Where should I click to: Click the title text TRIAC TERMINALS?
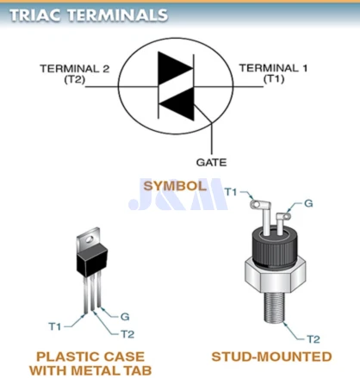tap(89, 15)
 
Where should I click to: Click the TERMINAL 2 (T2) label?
tap(75, 74)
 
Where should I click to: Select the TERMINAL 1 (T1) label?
tap(273, 73)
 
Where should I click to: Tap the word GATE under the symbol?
tap(211, 163)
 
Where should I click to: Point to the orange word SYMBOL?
tap(175, 186)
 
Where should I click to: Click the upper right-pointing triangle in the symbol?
tap(175, 69)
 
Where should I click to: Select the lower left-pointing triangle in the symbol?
tap(177, 103)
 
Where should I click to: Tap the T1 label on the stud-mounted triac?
tap(231, 192)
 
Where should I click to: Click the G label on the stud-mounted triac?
tap(308, 203)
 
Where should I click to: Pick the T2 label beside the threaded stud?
tap(313, 339)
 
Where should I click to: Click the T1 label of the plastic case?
tap(55, 326)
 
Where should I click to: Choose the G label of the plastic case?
tap(125, 317)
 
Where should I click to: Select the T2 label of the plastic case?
tap(127, 334)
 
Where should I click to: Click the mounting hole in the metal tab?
tap(90, 239)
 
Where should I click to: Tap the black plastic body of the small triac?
tap(92, 260)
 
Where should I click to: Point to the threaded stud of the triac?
tap(274, 307)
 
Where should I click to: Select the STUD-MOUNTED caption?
tap(271, 356)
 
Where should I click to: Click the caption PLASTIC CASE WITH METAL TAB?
tap(90, 363)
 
